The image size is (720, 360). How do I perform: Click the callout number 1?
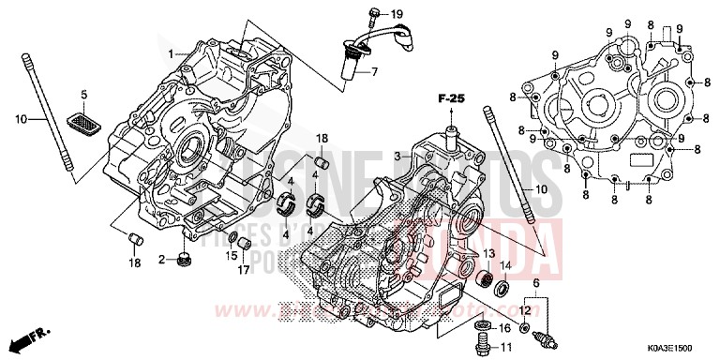[172, 54]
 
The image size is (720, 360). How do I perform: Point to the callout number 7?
[372, 72]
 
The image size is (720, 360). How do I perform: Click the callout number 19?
[397, 13]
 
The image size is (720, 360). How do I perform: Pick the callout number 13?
[488, 253]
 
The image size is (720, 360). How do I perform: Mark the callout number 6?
[536, 283]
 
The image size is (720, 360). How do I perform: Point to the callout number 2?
[161, 259]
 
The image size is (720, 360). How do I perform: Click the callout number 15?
[231, 256]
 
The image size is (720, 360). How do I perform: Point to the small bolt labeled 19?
[375, 13]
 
